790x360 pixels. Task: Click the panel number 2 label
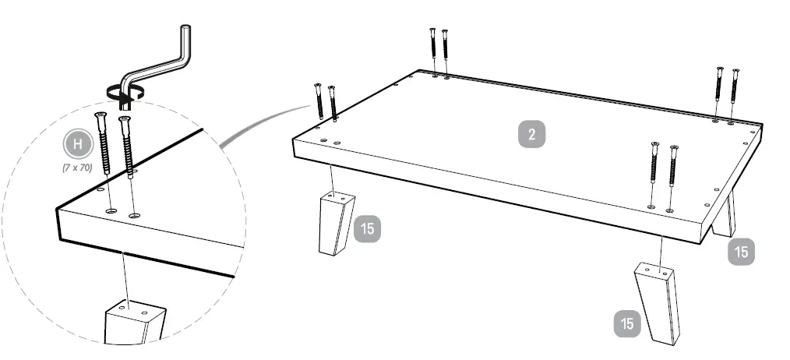(x=531, y=134)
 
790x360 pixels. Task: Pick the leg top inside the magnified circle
(x=134, y=319)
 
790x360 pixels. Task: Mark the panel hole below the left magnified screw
(x=111, y=210)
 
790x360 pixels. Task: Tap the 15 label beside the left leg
(x=366, y=230)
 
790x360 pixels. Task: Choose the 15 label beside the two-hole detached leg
(x=628, y=321)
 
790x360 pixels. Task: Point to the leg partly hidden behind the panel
(x=725, y=217)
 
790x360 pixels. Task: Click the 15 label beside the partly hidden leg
(x=742, y=252)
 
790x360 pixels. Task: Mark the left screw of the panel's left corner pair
(x=319, y=101)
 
